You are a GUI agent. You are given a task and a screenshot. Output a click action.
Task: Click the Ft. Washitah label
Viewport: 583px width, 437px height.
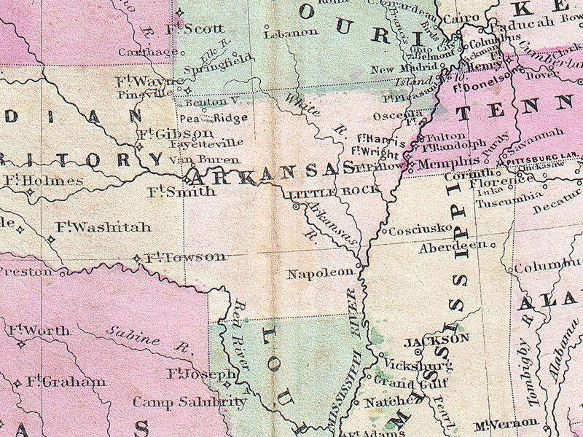(x=102, y=227)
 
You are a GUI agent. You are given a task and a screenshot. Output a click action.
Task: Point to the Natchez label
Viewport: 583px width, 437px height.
(x=383, y=401)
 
